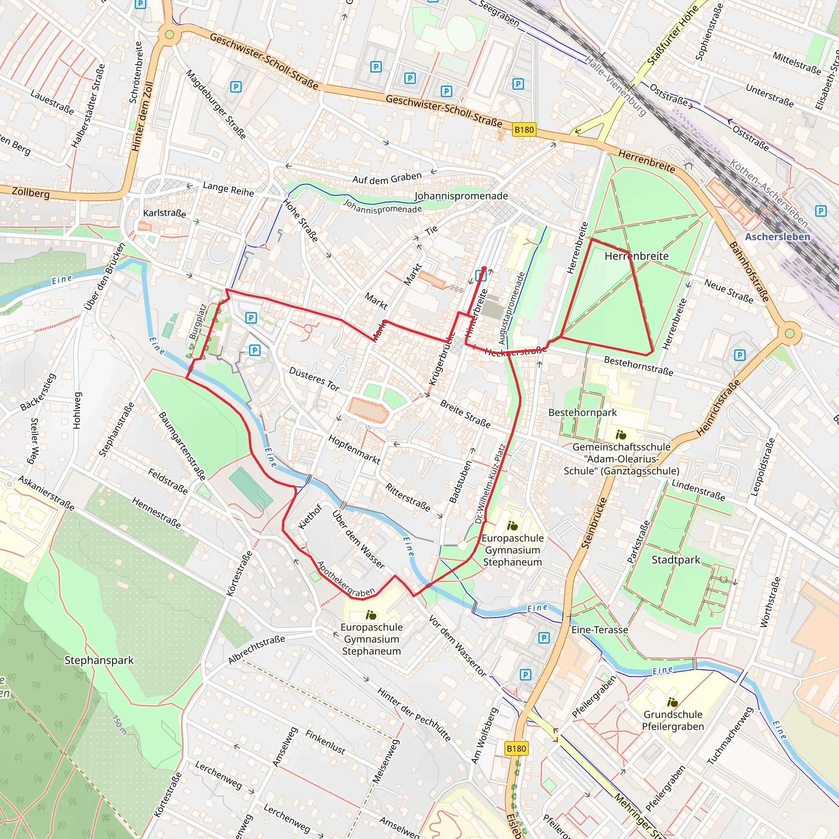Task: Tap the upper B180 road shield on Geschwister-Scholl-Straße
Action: [524, 130]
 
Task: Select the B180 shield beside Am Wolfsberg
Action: [516, 748]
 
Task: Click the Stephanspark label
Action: [99, 660]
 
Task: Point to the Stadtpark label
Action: [676, 560]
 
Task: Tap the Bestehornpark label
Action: [583, 413]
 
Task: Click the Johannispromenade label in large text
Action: [461, 196]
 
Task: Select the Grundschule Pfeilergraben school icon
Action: [672, 702]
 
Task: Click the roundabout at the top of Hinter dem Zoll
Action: [169, 34]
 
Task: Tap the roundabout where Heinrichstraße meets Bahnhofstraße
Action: [789, 333]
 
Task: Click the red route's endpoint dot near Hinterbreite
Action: [484, 268]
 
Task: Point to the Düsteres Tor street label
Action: [314, 379]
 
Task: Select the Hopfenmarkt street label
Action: [354, 449]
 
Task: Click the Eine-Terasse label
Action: [600, 630]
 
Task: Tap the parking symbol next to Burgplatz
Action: [251, 318]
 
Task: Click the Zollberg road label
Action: [30, 192]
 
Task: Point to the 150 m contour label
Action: [120, 725]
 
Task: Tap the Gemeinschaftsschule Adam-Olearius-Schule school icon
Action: [621, 435]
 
